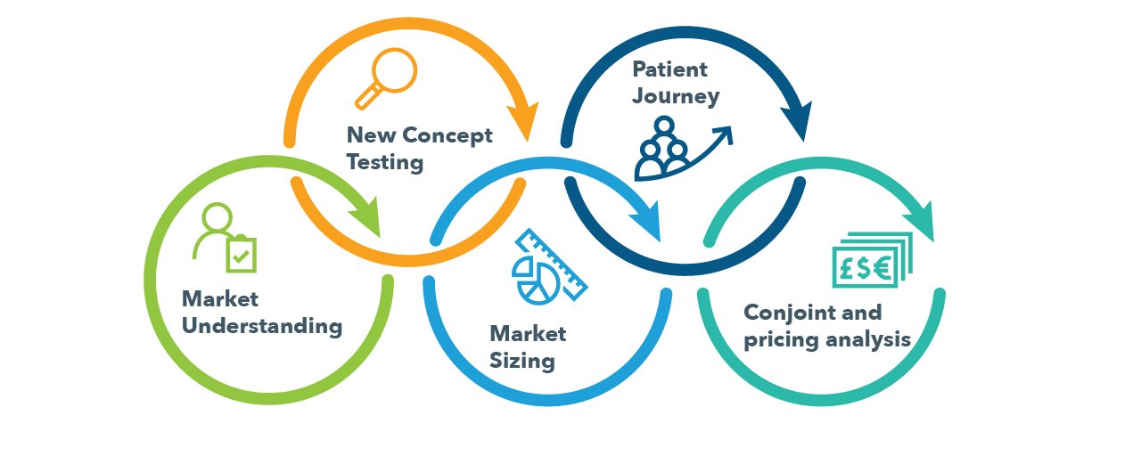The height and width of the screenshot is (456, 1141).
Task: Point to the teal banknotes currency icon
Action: point(873,260)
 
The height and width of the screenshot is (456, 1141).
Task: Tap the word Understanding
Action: point(262,327)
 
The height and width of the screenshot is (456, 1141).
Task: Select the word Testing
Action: point(385,163)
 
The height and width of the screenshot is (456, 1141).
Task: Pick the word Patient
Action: point(669,69)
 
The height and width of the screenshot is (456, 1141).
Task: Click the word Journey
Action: point(676,96)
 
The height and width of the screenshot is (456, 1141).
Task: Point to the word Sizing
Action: point(522,361)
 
